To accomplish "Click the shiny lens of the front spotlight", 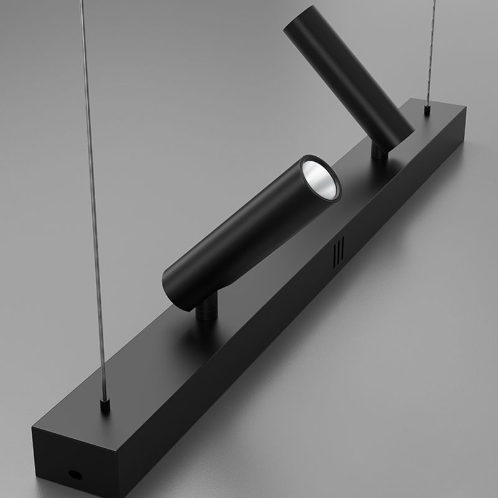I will (321, 181).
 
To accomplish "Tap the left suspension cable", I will (92, 205).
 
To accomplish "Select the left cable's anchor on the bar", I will (105, 406).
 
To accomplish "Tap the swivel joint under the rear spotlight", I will (379, 151).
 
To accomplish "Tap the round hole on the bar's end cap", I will (75, 475).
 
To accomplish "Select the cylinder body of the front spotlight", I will (249, 237).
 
